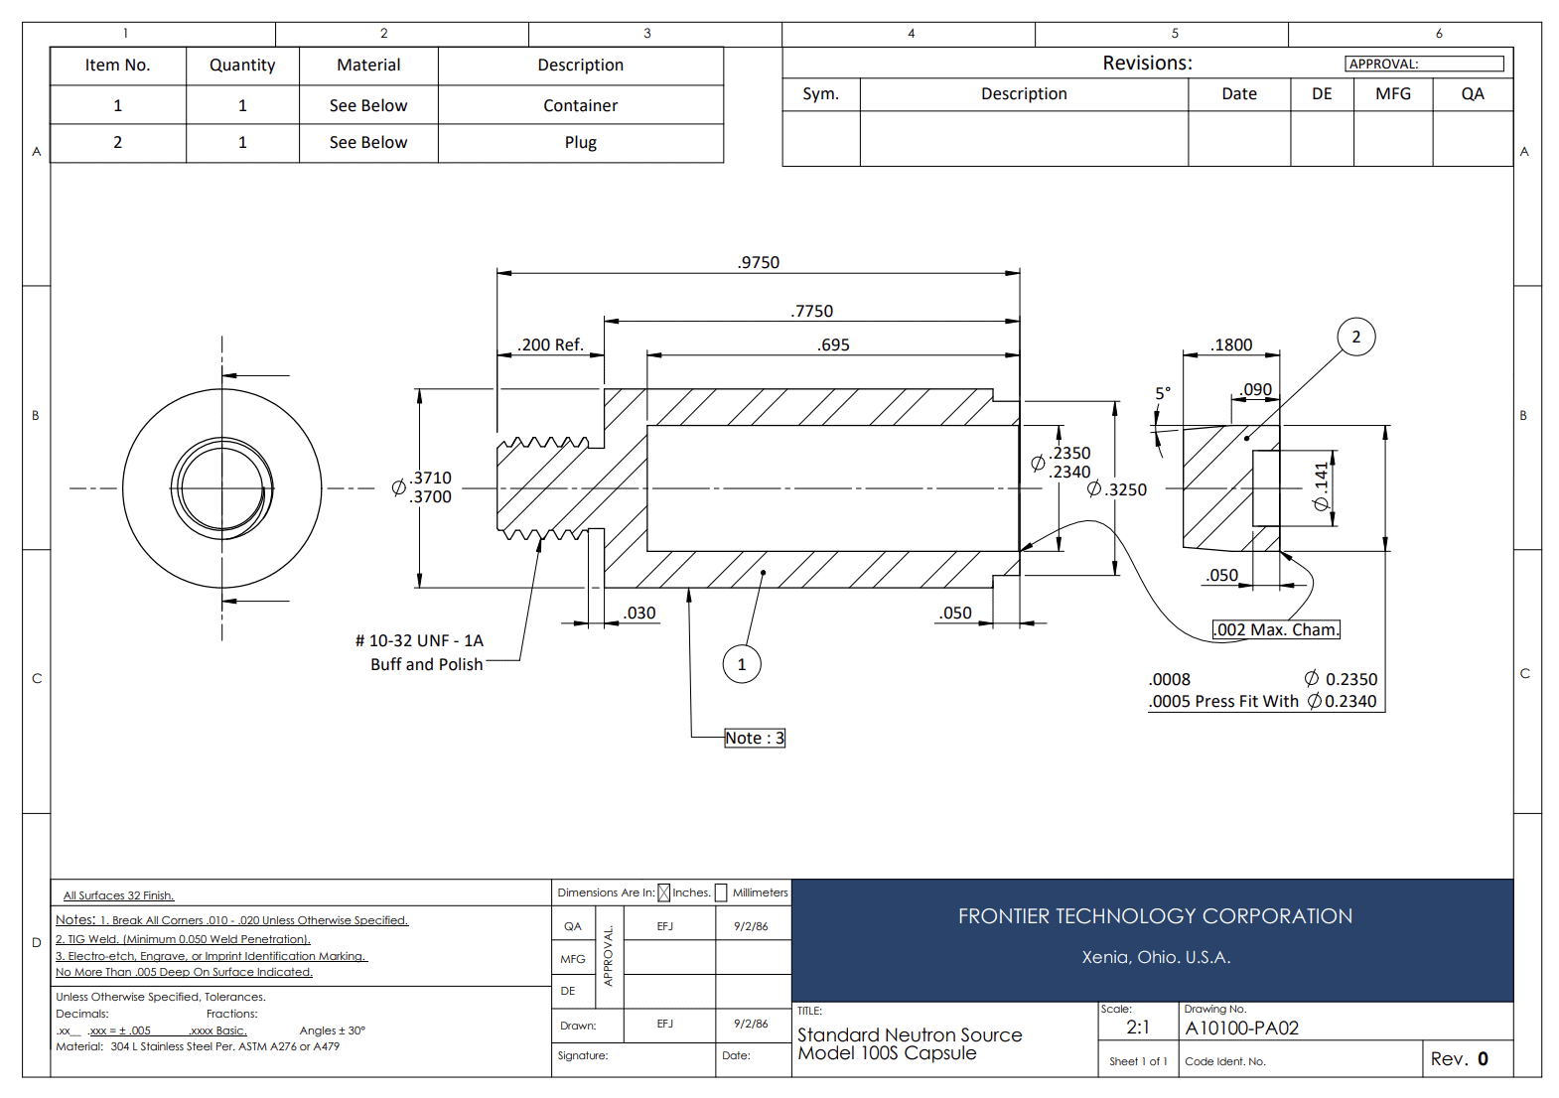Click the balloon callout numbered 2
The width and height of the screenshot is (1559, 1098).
[x=1355, y=337]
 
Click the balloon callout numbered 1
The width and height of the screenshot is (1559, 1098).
[x=742, y=664]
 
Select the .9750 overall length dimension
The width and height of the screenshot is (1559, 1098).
[x=759, y=262]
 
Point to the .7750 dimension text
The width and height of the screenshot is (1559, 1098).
[x=811, y=311]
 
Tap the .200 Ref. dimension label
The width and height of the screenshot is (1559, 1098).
[x=550, y=344]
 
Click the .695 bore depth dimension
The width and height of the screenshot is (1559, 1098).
[x=833, y=344]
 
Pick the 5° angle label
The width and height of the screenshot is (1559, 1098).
[x=1163, y=393]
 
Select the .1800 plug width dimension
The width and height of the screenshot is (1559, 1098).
[x=1231, y=344]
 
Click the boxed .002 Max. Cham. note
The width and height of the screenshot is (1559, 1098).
[x=1276, y=629]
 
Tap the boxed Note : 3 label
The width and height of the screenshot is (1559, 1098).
[x=755, y=738]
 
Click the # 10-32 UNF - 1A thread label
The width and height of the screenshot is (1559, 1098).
[x=419, y=640]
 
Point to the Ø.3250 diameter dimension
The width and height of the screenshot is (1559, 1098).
[x=1116, y=489]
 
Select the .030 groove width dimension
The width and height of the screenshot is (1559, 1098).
[x=638, y=613]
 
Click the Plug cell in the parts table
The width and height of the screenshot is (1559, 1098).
[x=581, y=143]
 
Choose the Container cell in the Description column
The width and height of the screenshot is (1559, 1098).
[x=581, y=105]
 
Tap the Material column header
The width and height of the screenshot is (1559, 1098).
[x=368, y=65]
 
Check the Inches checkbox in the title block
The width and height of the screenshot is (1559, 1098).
[x=663, y=892]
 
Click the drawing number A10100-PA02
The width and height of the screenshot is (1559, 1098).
[x=1241, y=1028]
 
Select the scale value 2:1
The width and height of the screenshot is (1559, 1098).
[x=1138, y=1028]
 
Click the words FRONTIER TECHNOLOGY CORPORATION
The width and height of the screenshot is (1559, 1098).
[x=1155, y=915]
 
